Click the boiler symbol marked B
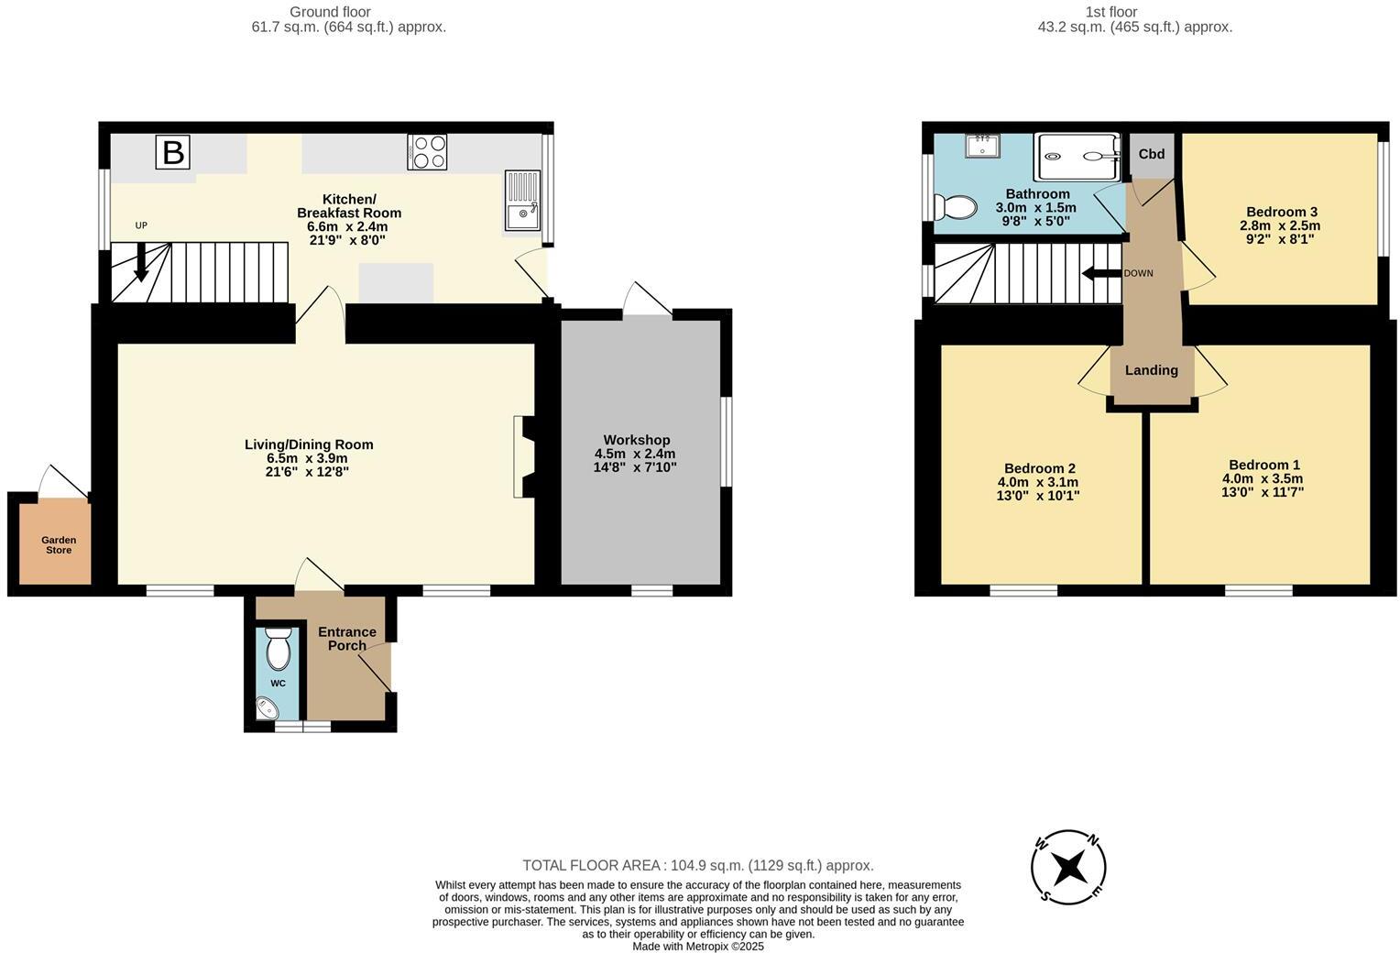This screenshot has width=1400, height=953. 172,152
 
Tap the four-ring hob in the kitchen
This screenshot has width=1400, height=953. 427,152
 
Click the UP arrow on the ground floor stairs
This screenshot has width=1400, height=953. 141,261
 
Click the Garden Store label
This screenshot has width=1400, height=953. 59,545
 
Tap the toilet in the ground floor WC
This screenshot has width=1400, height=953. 278,651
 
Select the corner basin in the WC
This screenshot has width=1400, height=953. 268,707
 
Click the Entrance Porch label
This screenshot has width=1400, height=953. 347,639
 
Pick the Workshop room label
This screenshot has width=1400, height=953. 637,441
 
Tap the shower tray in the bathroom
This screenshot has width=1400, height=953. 1077,157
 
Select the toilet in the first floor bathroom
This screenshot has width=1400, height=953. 955,207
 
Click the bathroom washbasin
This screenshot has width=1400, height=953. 982,146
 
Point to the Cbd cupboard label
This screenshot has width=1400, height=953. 1152,154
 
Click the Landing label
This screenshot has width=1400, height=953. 1152,370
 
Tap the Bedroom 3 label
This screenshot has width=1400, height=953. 1281,212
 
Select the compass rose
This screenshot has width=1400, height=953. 1068,867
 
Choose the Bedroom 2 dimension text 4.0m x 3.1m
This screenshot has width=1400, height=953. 1038,482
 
